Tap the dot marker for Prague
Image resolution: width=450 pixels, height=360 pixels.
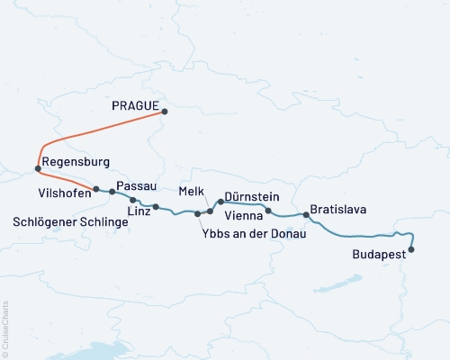pyautogui.click(x=165, y=112)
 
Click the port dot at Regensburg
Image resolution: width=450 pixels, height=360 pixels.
pyautogui.click(x=37, y=168)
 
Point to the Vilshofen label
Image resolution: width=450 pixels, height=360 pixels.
pyautogui.click(x=64, y=193)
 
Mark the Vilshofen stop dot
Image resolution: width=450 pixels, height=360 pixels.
pyautogui.click(x=96, y=189)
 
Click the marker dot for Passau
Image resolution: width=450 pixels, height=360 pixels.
pyautogui.click(x=112, y=192)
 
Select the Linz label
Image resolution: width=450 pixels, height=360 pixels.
pyautogui.click(x=139, y=211)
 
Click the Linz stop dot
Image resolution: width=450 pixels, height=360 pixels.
pyautogui.click(x=156, y=207)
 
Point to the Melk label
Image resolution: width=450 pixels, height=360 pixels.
pyautogui.click(x=192, y=192)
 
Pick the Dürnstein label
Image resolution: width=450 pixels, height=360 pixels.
pyautogui.click(x=251, y=196)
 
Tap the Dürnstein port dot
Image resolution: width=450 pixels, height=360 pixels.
pyautogui.click(x=220, y=202)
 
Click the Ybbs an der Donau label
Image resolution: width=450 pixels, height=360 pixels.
pyautogui.click(x=256, y=234)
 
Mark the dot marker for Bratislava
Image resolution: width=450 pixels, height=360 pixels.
pyautogui.click(x=306, y=215)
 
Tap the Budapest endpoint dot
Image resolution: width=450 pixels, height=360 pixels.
pyautogui.click(x=412, y=249)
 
